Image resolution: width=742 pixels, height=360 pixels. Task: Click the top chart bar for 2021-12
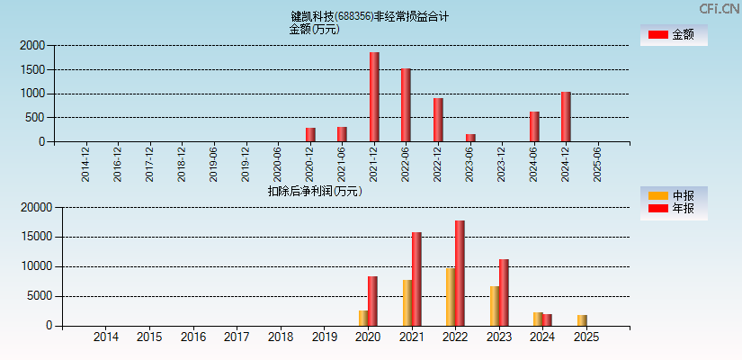click(x=374, y=97)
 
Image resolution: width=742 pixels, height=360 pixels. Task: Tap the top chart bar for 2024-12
click(x=566, y=117)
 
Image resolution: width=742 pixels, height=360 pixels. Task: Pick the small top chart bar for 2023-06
click(x=470, y=138)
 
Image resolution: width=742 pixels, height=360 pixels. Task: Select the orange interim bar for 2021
click(x=407, y=303)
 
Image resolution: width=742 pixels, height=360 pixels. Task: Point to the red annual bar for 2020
click(x=372, y=301)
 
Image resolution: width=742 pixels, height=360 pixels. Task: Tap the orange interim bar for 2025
click(x=582, y=320)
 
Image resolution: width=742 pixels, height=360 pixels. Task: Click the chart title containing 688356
click(x=370, y=16)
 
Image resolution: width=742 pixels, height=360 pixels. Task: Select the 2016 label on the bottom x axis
click(x=193, y=337)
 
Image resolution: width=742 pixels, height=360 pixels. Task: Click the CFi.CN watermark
click(x=719, y=9)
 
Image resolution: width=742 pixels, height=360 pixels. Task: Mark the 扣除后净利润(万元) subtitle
click(x=314, y=191)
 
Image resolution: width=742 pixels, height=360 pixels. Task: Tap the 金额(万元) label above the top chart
click(x=314, y=29)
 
